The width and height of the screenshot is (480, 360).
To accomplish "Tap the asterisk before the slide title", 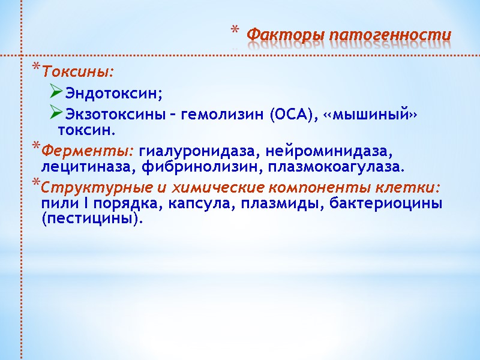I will coord(235,32).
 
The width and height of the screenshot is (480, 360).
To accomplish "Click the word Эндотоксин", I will coord(113,94).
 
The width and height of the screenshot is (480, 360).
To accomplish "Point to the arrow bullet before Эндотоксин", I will coord(56,93).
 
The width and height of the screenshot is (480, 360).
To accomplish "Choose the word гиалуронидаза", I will coord(199,148).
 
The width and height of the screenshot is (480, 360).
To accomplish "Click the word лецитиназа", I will coord(77,165).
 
